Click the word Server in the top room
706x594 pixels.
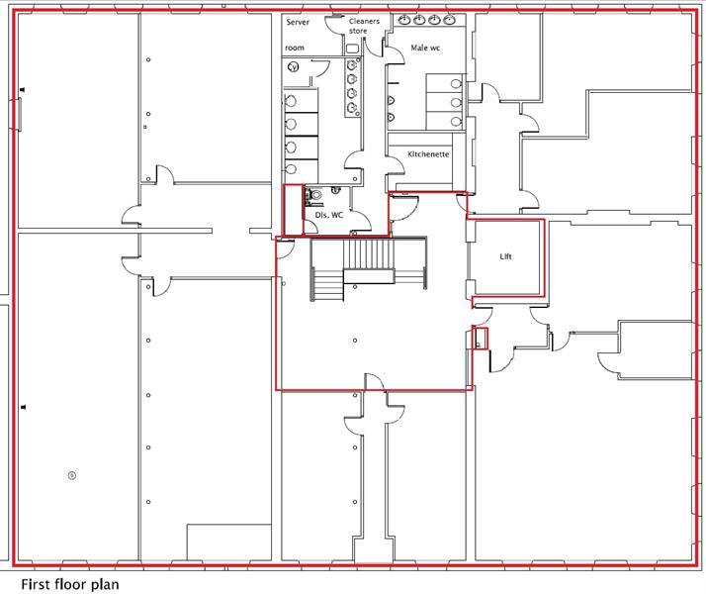coord(298,22)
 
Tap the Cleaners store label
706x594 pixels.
coord(364,26)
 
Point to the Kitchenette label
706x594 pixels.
coord(428,154)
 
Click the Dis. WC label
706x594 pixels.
coord(328,214)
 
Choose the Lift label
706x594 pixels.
coord(505,256)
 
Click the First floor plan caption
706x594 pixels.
coord(70,584)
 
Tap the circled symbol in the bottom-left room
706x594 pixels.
coord(72,475)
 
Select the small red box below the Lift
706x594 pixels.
coord(480,338)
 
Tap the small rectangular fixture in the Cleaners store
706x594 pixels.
coord(353,47)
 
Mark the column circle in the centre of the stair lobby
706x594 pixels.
coord(354,341)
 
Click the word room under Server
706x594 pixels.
coord(295,48)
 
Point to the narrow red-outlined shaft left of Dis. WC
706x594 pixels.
coord(293,210)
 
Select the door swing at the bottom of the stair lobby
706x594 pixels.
coord(375,382)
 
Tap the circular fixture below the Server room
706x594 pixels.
coord(293,67)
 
